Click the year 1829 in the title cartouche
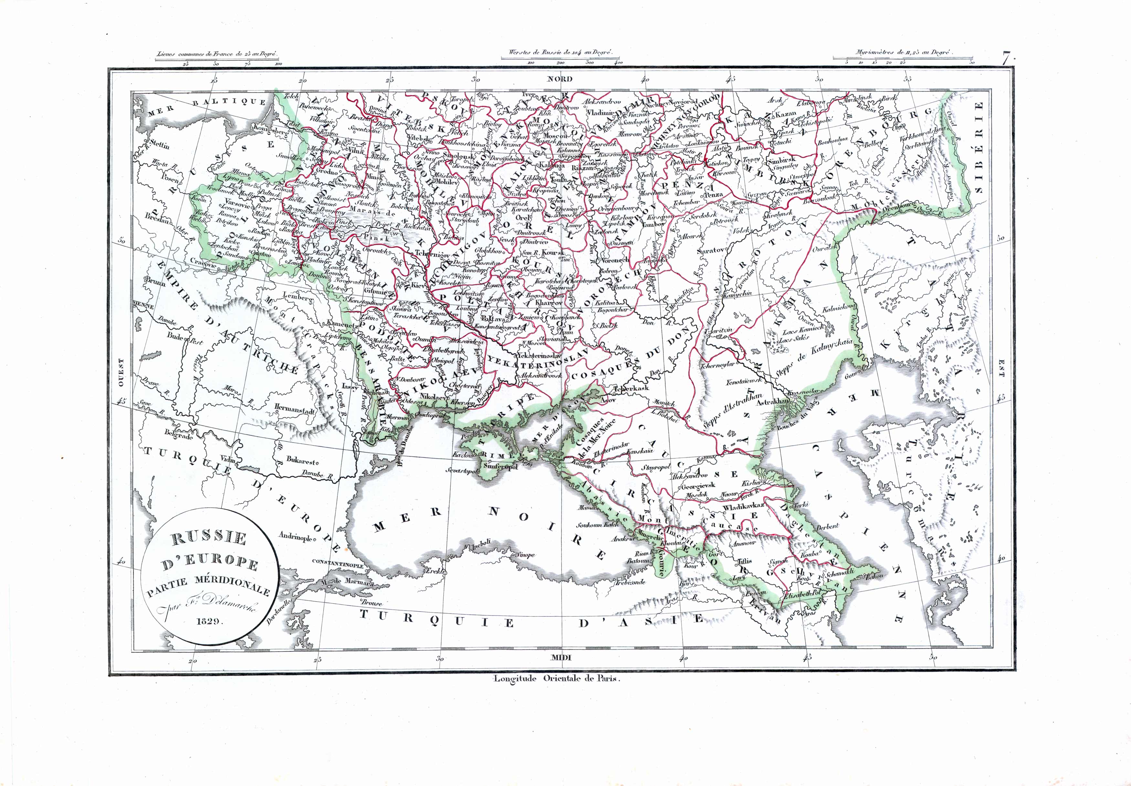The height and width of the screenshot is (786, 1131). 210,622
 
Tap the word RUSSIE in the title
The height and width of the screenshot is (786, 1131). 209,538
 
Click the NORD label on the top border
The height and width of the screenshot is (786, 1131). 560,79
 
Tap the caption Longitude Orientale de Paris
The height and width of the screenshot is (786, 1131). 556,678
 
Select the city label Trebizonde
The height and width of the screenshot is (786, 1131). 629,582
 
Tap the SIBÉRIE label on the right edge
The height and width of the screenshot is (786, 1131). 979,148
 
